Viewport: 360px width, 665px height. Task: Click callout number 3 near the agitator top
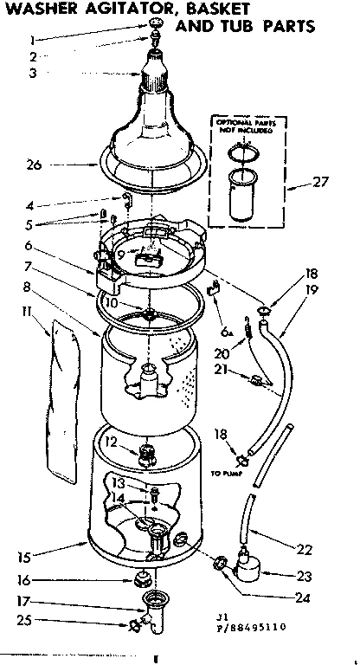(32, 74)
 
